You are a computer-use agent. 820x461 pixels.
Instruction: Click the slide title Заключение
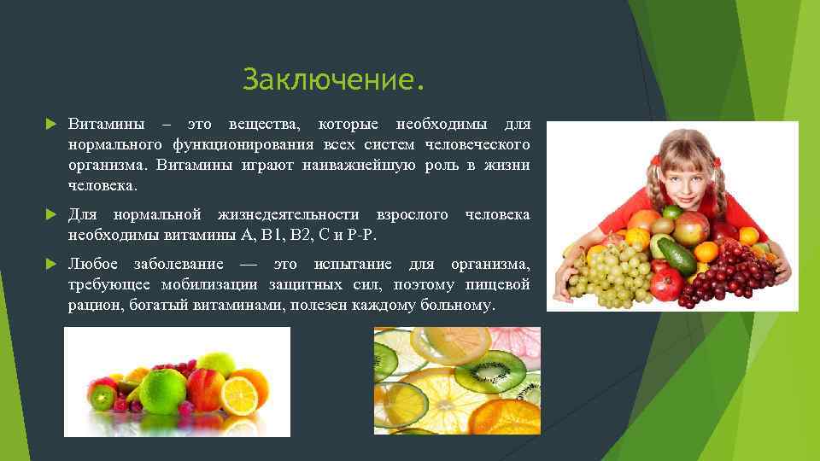pos(333,81)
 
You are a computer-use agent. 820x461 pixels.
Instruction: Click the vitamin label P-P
pos(362,235)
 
